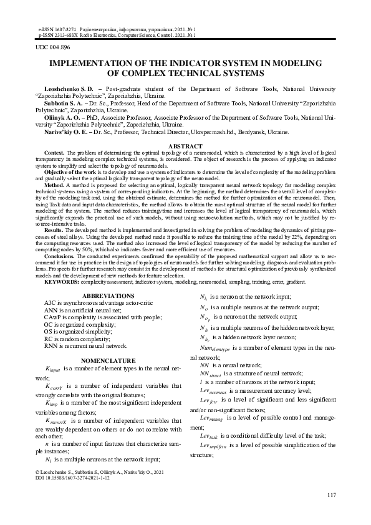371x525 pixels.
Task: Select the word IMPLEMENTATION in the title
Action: tap(93, 64)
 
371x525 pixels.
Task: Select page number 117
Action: tap(331, 495)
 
